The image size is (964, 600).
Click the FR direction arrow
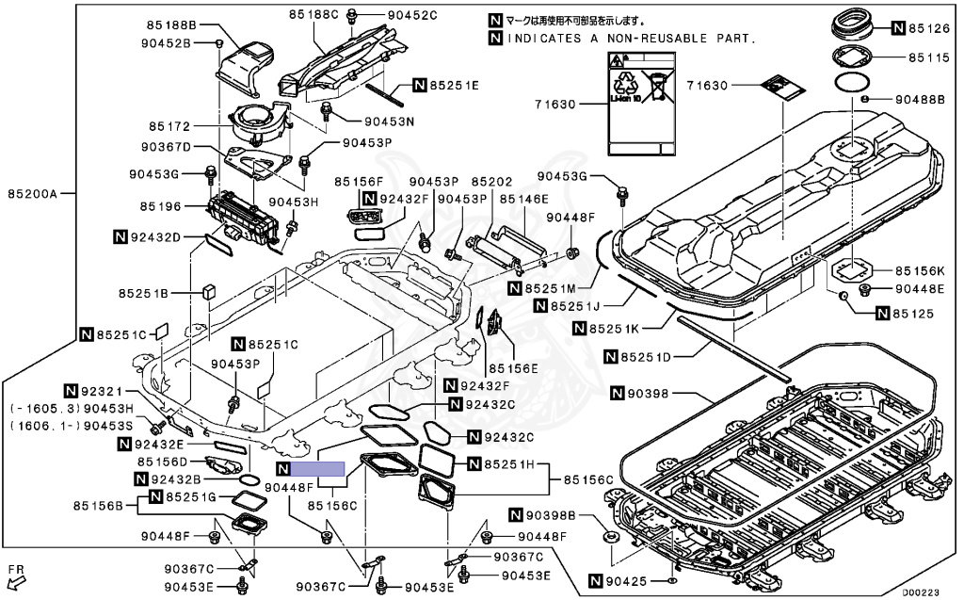pyautogui.click(x=15, y=576)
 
